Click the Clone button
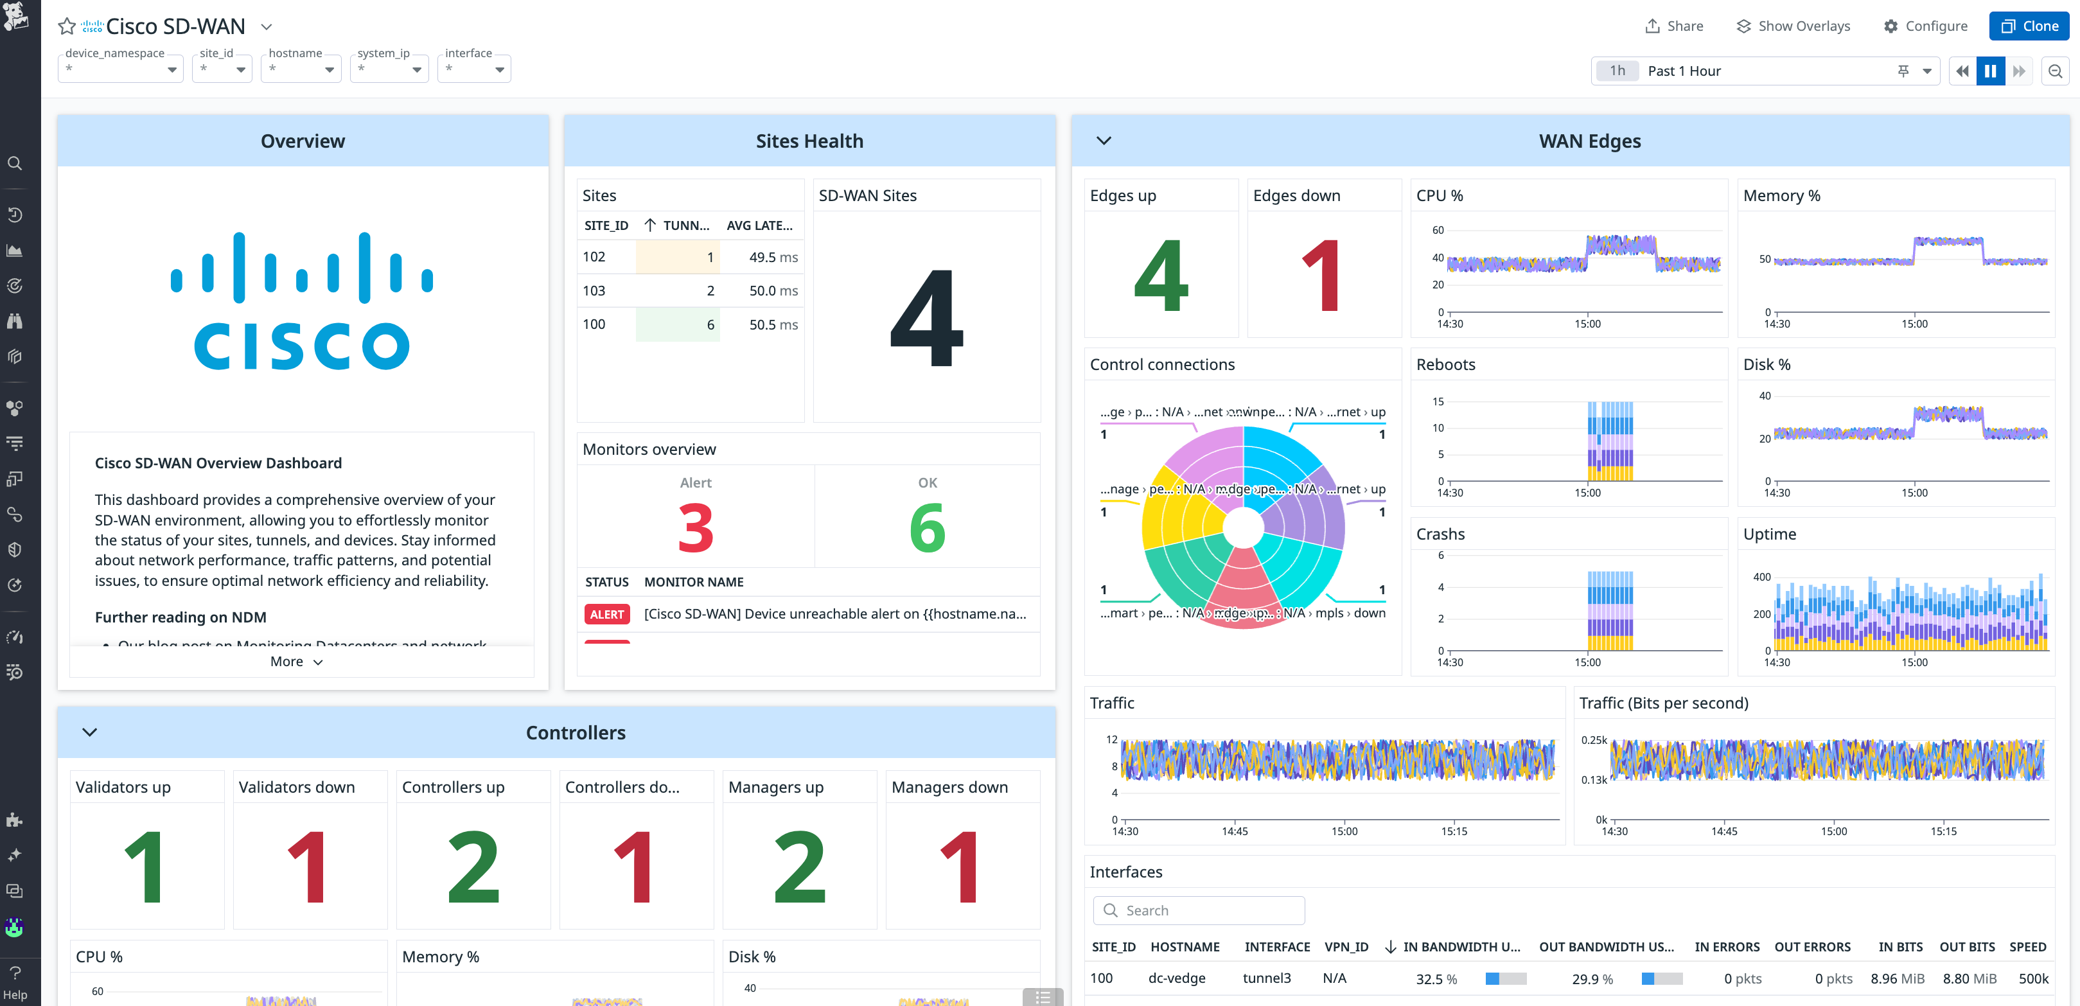click(x=2029, y=26)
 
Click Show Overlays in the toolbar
click(x=1793, y=26)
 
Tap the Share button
click(x=1674, y=26)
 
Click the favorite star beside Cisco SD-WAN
click(x=67, y=26)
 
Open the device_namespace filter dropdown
click(x=120, y=69)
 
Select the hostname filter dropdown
click(x=301, y=69)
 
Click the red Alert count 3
click(x=695, y=528)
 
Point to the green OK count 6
click(x=927, y=528)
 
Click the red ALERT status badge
click(x=606, y=614)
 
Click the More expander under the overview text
click(x=296, y=661)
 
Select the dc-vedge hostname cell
click(x=1176, y=978)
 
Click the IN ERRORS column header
click(x=1726, y=946)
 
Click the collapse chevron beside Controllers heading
click(x=90, y=732)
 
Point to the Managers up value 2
click(x=798, y=867)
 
